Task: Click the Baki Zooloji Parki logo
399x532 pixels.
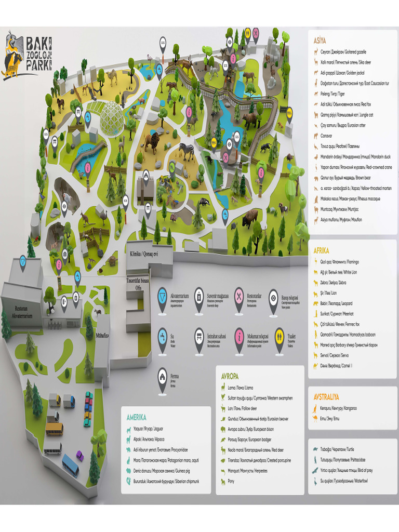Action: click(29, 54)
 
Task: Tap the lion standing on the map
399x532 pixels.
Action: click(151, 142)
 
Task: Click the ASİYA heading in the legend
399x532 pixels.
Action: click(320, 40)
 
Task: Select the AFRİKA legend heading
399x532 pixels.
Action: click(322, 250)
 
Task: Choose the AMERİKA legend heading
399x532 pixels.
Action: click(136, 417)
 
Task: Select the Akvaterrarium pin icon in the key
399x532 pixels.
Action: click(163, 296)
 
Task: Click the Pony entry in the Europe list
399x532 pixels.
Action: click(231, 481)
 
